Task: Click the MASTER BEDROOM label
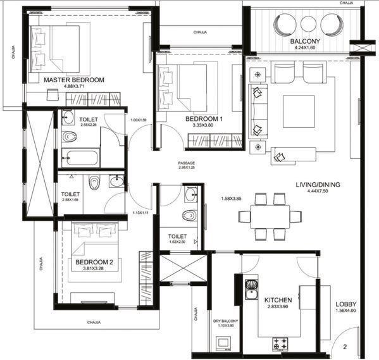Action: pos(73,80)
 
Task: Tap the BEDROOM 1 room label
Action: pos(204,118)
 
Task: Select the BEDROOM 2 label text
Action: pos(94,262)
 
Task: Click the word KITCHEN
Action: pos(278,300)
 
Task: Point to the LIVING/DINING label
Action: pos(318,185)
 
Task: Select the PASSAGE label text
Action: pos(187,163)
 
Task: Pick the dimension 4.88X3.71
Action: pos(73,87)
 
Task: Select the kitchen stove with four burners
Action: pos(281,344)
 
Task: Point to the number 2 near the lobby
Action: pos(345,346)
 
